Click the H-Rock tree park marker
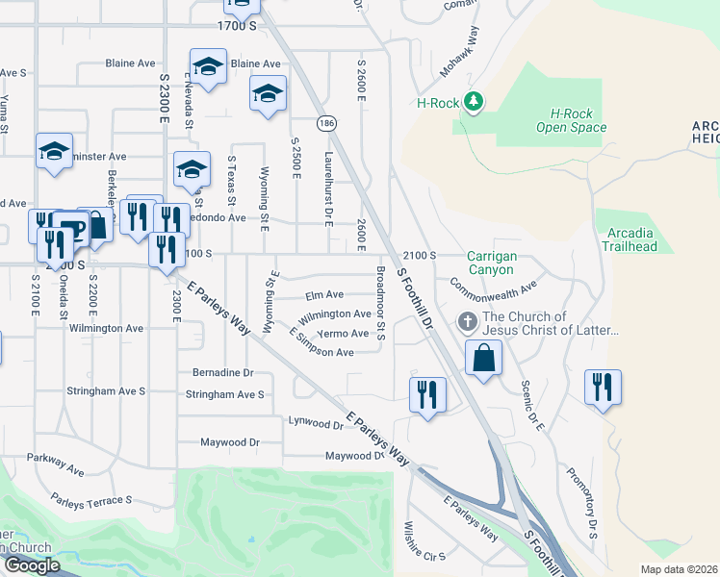473,101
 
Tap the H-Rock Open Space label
565,120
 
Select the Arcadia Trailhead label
631,239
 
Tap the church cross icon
467,321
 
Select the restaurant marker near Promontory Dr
603,388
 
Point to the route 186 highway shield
328,123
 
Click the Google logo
31,565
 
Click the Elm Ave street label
324,295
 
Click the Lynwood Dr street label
316,422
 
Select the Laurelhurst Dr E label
328,186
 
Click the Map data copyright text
679,569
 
